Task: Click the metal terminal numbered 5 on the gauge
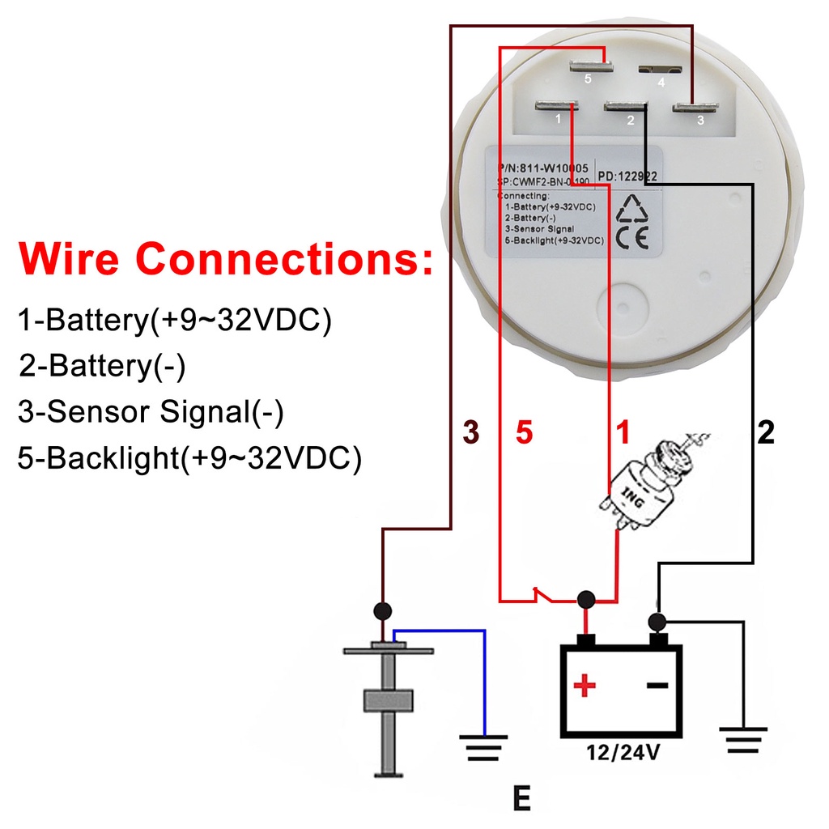(x=588, y=65)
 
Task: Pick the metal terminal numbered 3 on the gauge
(x=695, y=106)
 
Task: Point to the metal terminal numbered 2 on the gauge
(x=626, y=106)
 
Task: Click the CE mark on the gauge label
(x=631, y=238)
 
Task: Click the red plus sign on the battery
(x=584, y=687)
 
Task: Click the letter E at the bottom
(x=522, y=799)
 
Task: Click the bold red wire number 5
(x=525, y=433)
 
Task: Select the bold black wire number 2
(x=766, y=433)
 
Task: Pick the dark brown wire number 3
(x=471, y=433)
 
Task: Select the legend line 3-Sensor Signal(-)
(x=151, y=413)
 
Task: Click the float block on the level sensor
(x=389, y=700)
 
